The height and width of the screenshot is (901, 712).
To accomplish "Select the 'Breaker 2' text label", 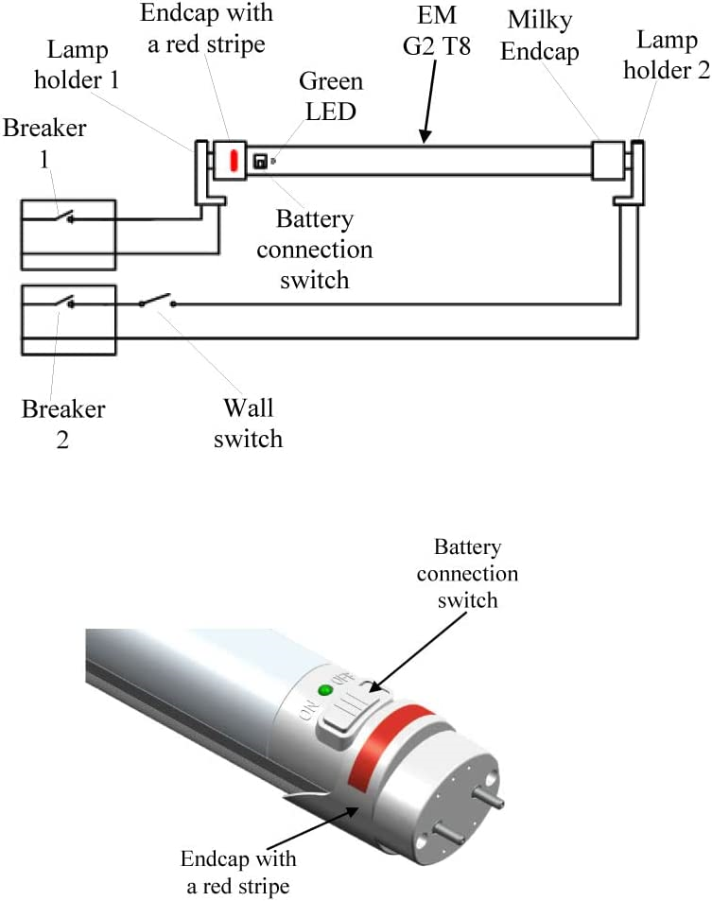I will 63,425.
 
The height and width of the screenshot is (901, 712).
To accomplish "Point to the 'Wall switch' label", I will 248,423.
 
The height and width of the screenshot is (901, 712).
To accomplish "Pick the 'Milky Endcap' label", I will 539,36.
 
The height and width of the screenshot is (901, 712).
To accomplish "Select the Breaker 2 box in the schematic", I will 68,320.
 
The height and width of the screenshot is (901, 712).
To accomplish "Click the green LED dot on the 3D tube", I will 327,691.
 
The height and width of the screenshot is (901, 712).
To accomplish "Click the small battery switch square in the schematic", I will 260,162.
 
